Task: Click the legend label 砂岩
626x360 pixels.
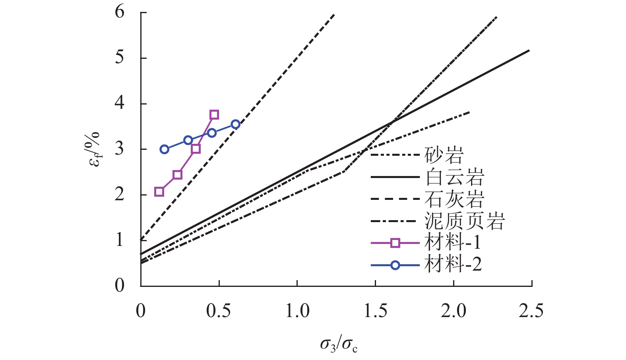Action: point(444,155)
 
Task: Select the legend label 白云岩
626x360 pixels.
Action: point(454,177)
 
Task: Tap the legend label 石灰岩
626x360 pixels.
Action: point(454,199)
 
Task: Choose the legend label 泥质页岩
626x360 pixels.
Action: point(464,221)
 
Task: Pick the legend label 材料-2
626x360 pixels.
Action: point(453,264)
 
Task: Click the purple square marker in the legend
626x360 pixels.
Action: point(395,243)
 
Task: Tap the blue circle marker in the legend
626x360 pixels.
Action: point(395,265)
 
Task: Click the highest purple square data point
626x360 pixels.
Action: point(214,115)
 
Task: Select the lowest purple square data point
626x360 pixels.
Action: point(159,192)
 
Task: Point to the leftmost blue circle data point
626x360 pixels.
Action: point(165,149)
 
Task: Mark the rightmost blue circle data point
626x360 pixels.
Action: point(235,124)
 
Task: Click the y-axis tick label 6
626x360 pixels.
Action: point(120,12)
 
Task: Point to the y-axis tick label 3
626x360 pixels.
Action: point(120,149)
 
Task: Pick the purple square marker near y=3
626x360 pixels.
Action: point(196,149)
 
